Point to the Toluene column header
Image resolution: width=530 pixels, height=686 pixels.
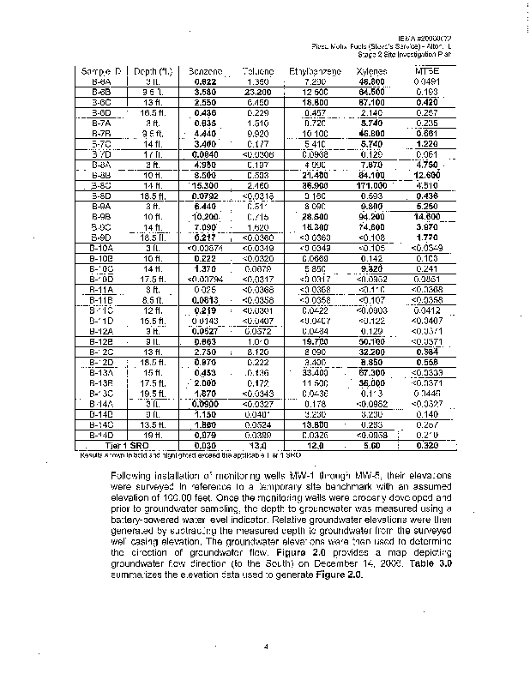click(x=258, y=70)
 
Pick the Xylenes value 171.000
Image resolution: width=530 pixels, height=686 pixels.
click(x=370, y=184)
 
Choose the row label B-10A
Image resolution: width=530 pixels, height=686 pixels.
click(x=102, y=247)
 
